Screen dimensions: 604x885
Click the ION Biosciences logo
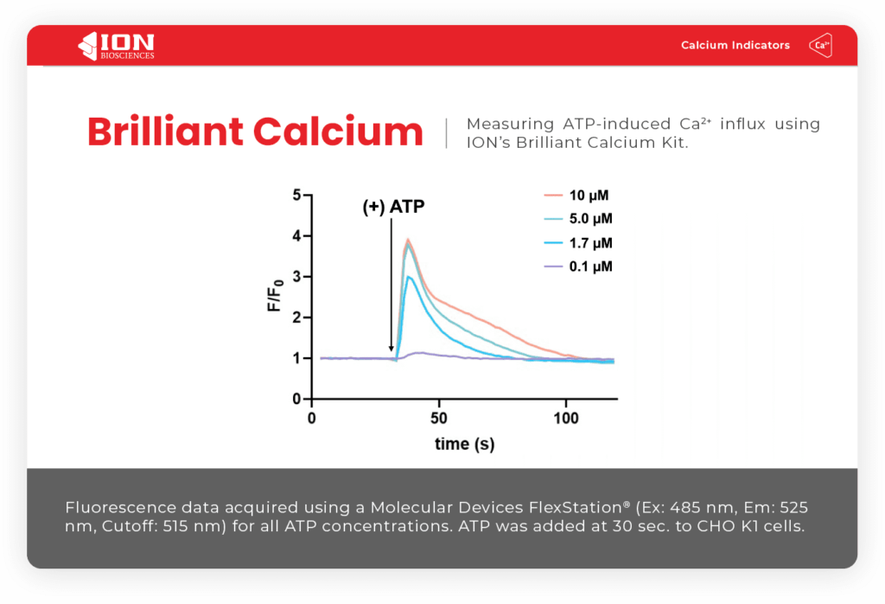pos(116,45)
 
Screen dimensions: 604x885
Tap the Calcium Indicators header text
pos(735,45)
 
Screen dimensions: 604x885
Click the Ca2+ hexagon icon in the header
pos(819,45)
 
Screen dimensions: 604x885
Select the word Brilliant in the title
pos(164,132)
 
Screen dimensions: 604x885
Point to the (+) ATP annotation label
pos(393,208)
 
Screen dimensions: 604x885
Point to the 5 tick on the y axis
pos(296,196)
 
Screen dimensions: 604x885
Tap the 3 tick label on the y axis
pos(296,277)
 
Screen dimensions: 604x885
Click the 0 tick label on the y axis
pos(296,400)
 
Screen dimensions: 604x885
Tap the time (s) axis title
pos(463,444)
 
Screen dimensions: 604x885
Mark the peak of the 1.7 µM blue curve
pos(409,277)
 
